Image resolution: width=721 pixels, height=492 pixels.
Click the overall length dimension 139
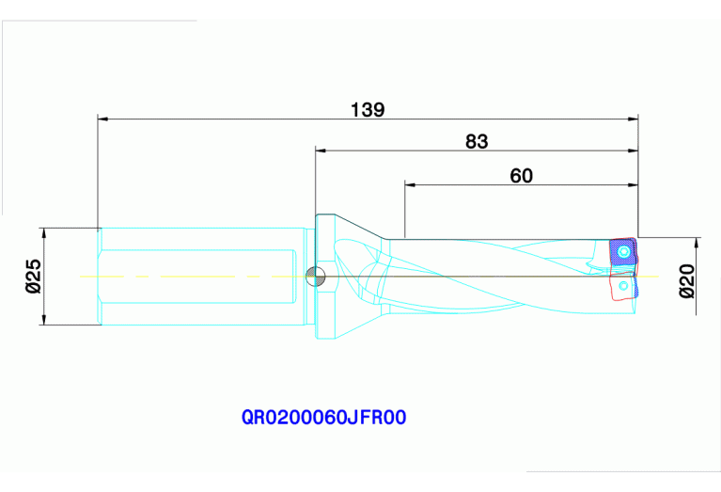(x=368, y=110)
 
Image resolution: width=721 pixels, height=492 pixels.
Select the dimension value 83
(x=477, y=141)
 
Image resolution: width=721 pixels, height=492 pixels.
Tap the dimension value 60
(x=521, y=175)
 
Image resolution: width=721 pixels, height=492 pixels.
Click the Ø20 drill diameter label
(x=687, y=280)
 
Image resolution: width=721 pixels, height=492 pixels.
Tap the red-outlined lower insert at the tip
(x=623, y=286)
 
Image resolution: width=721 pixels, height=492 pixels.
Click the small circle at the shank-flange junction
(x=317, y=276)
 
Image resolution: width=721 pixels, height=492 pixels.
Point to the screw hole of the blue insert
(x=622, y=251)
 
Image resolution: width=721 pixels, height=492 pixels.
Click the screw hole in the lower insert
(x=624, y=284)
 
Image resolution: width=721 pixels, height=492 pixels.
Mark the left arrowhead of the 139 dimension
(x=103, y=119)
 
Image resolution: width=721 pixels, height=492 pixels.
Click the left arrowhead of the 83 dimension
(x=321, y=149)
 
